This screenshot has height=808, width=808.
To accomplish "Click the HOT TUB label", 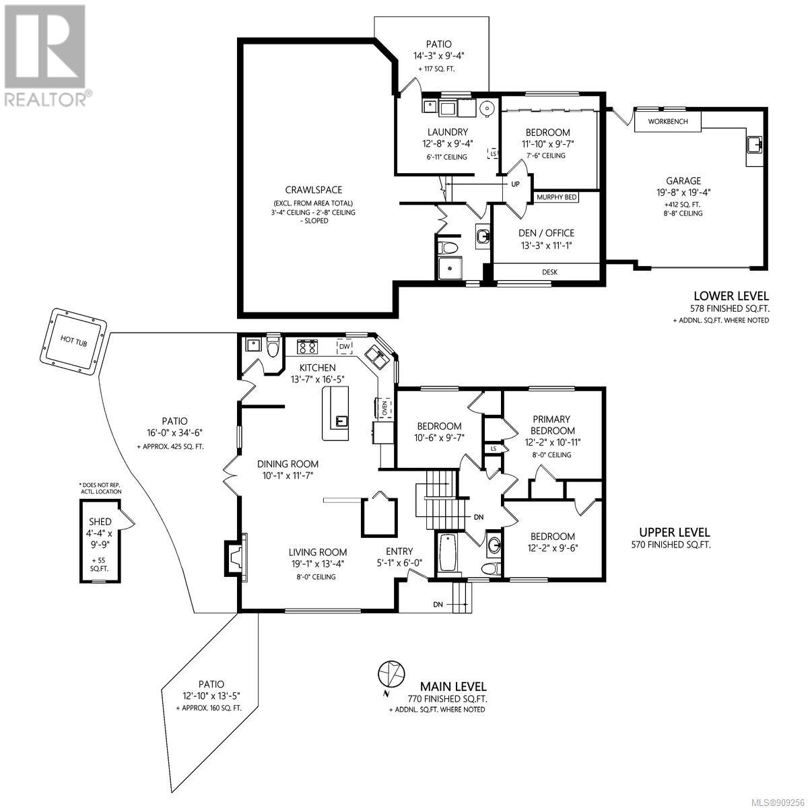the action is point(74,341).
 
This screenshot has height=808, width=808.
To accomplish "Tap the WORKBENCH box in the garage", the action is point(667,121).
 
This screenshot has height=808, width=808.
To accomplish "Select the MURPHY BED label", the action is point(556,197).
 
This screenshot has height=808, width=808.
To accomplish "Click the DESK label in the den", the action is point(549,272).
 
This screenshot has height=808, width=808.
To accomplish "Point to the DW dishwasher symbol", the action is point(344,346).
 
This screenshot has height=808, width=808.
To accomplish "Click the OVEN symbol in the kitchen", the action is point(384,408).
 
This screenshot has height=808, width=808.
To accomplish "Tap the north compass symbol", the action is point(391,674).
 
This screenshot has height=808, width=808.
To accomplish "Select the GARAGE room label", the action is point(683,180).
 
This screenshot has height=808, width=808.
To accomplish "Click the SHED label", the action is point(100,522).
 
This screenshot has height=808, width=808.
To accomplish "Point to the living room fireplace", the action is point(237,558).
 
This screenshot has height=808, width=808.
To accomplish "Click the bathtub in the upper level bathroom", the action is point(448,553).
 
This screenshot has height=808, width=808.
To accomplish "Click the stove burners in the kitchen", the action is point(308,347).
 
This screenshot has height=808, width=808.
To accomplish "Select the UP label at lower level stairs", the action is point(515,184).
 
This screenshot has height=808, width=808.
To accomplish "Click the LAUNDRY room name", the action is point(447,132).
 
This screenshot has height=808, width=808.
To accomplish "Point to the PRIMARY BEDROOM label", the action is point(551,425).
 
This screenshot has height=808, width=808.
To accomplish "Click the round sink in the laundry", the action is point(488,108).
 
